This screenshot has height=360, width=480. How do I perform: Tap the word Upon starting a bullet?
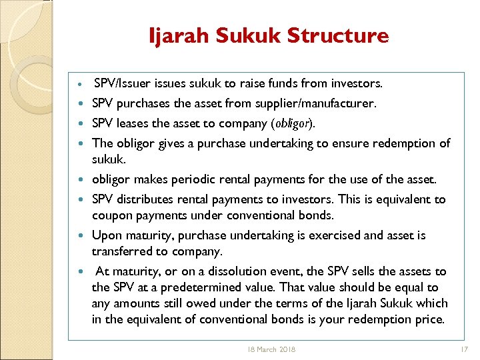(x=106, y=235)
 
